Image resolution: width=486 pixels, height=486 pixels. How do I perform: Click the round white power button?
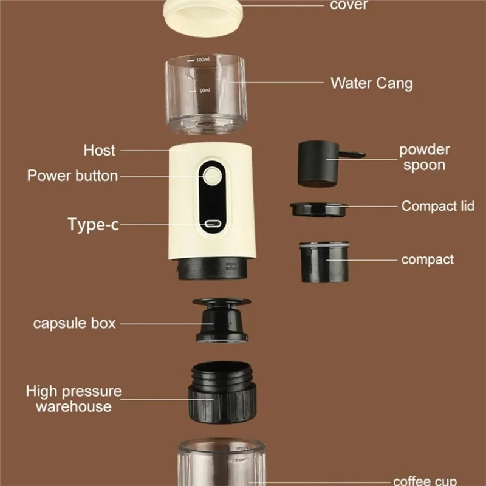[212, 176]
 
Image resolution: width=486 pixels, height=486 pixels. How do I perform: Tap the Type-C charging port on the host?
[212, 224]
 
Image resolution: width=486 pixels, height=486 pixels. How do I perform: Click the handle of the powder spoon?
[351, 154]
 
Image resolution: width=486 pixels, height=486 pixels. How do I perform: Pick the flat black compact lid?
[318, 210]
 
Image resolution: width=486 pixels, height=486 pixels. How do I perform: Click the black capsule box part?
[221, 321]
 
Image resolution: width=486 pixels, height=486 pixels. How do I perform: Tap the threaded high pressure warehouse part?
[222, 392]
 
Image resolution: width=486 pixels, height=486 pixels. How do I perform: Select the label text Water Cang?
[372, 83]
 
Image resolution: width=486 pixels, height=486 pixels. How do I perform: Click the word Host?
[100, 150]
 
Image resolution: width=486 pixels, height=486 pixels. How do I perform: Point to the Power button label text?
[72, 176]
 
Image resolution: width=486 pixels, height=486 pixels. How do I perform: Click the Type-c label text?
[94, 224]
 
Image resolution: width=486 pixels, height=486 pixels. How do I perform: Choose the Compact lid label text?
[437, 206]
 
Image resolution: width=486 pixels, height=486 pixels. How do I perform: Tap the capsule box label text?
[74, 323]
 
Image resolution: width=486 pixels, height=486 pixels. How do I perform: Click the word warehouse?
[74, 406]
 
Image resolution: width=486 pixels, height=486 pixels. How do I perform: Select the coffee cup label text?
[425, 481]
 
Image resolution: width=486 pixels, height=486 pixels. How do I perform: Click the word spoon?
[424, 165]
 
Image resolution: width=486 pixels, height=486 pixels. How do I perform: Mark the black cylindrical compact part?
[324, 262]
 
